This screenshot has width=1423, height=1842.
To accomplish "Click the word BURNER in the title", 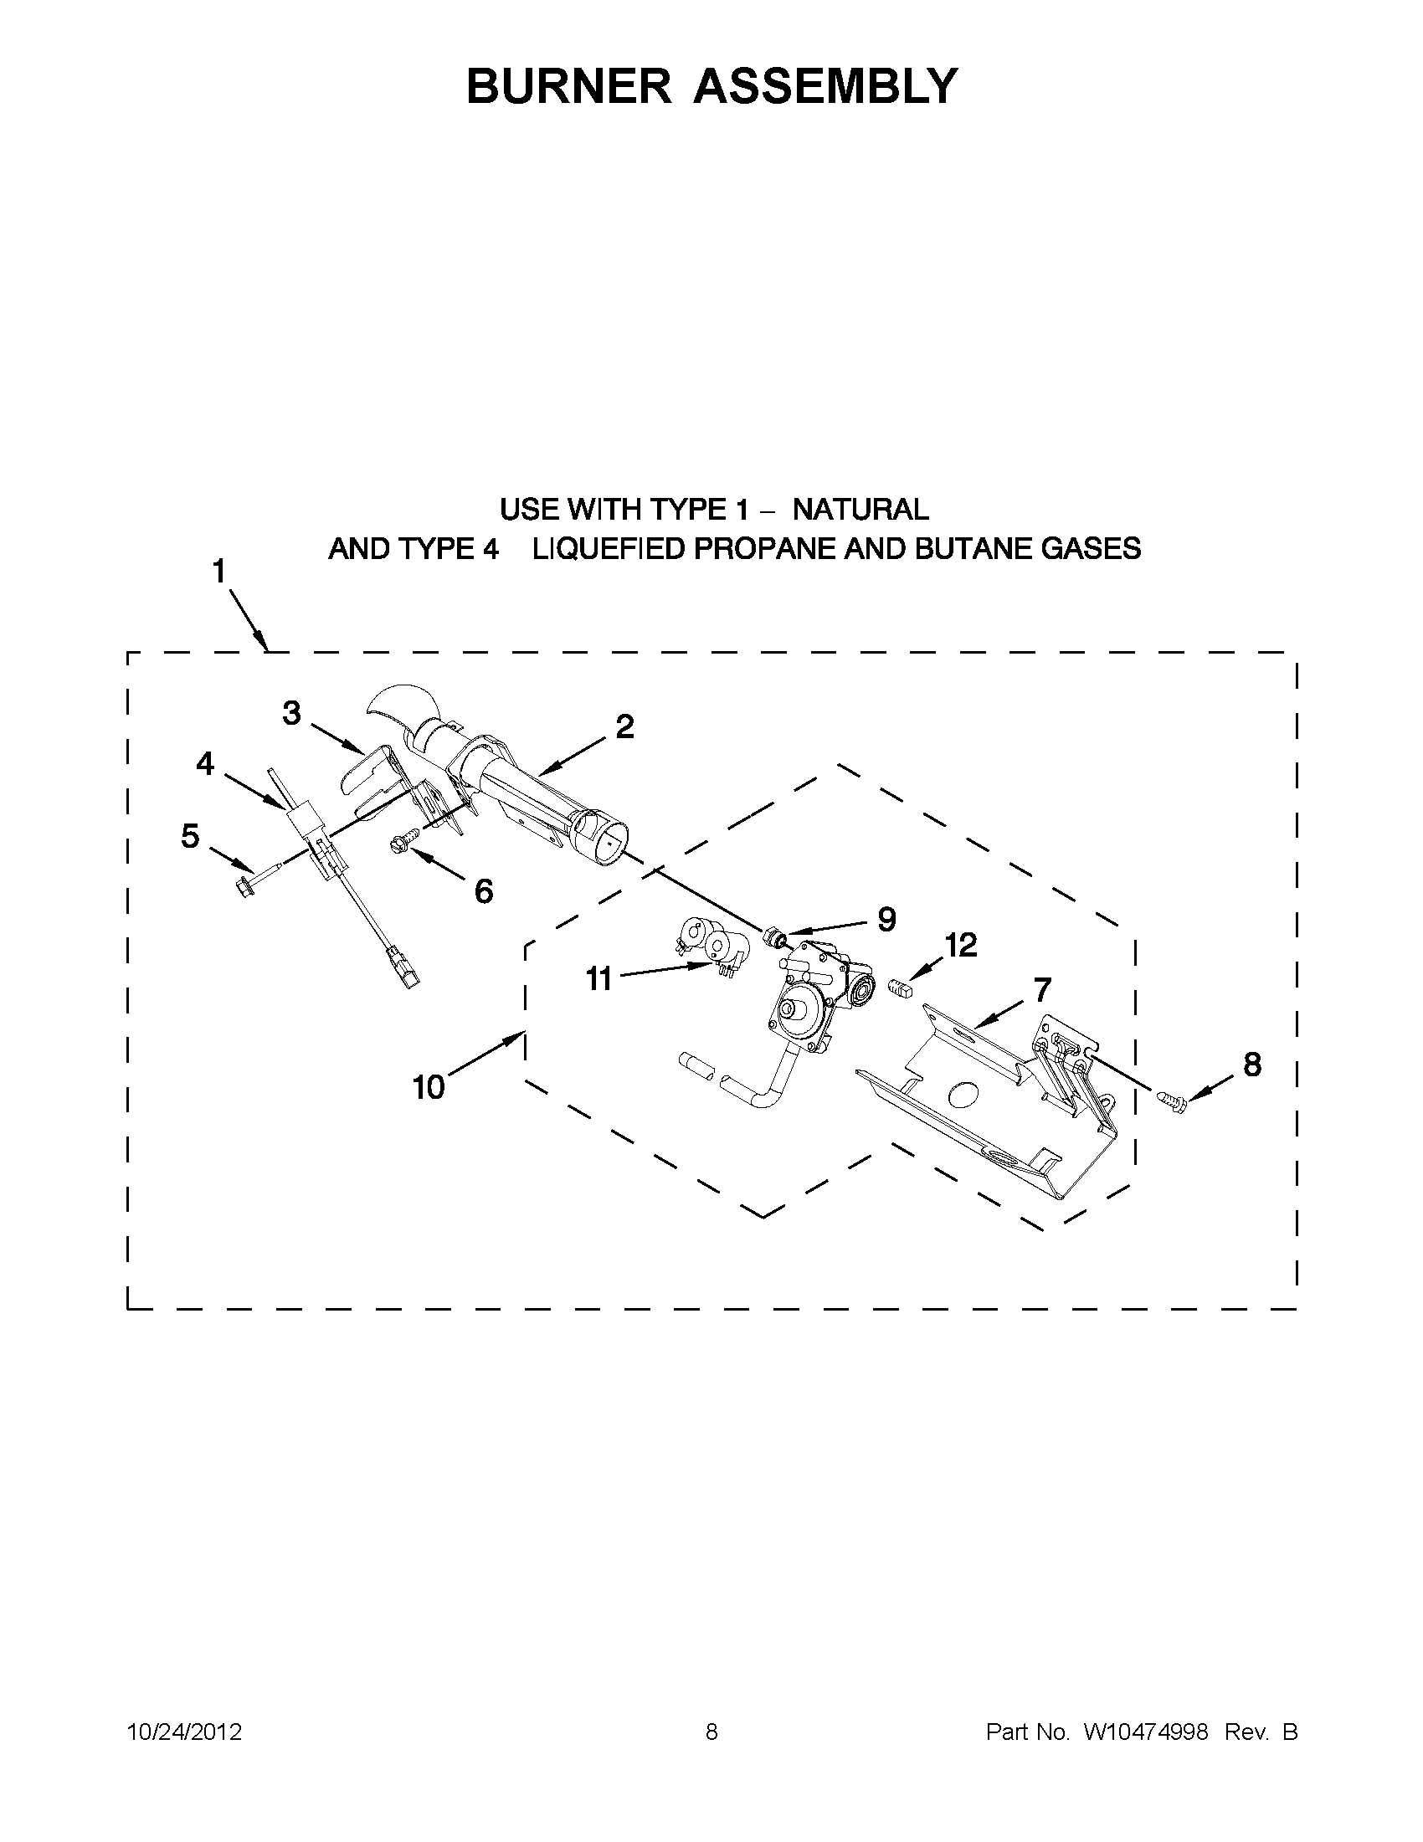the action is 568,85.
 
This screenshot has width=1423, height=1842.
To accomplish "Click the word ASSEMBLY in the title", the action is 825,85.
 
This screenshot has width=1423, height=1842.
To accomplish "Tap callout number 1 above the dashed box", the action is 219,572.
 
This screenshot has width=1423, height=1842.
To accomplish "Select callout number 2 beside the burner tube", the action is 624,726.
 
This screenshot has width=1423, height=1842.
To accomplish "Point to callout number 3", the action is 291,713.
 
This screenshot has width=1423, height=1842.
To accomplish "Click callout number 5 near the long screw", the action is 191,836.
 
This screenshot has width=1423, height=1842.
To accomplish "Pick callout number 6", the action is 483,890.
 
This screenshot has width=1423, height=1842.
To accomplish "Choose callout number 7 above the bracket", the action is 1042,988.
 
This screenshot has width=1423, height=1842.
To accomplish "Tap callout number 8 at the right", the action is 1252,1065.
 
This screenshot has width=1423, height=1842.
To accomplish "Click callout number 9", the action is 886,918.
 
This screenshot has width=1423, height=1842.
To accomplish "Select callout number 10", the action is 429,1086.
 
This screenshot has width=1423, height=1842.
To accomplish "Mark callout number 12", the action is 960,945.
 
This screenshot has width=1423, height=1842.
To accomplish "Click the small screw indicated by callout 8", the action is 1173,1101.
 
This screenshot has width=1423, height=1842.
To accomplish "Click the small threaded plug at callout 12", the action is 901,987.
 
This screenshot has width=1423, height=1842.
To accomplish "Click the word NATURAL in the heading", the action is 861,510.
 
